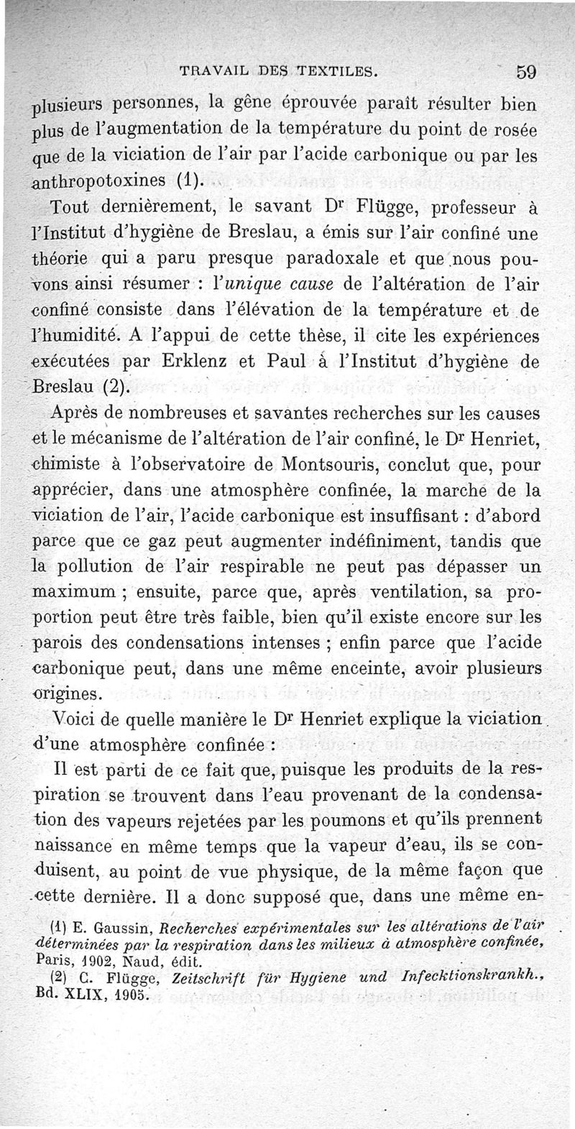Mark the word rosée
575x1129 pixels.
pyautogui.click(x=518, y=132)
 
